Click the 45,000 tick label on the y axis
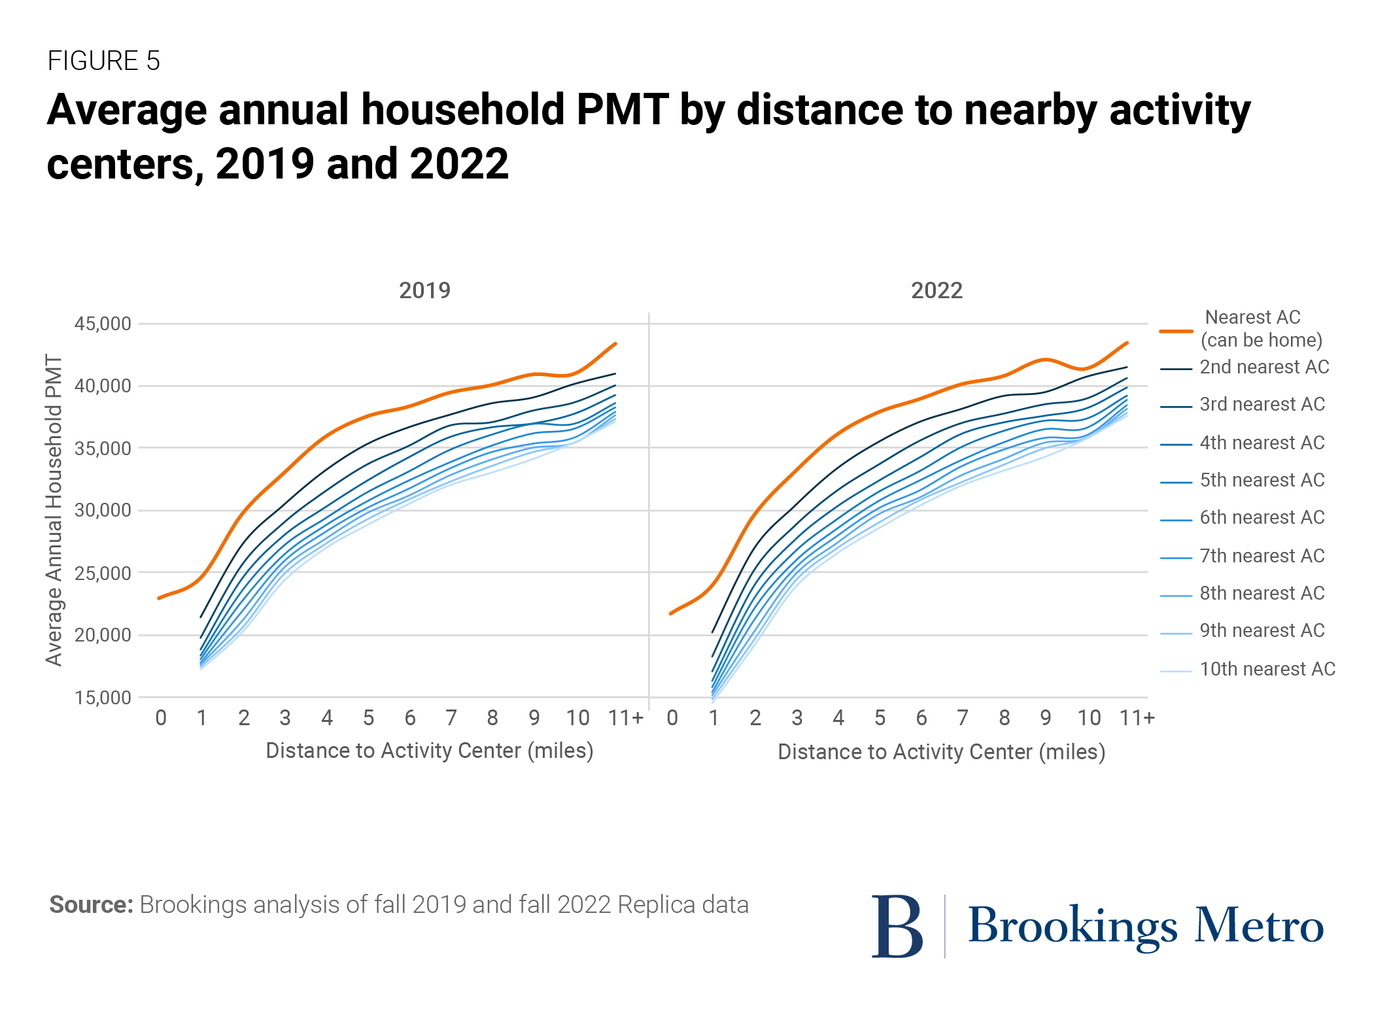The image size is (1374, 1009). click(x=103, y=324)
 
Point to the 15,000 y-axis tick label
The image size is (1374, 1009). click(x=103, y=698)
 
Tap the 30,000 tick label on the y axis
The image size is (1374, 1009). click(x=103, y=511)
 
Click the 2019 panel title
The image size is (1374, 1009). click(x=424, y=290)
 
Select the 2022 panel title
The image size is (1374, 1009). click(x=936, y=290)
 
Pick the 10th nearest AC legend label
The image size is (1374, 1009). click(x=1267, y=669)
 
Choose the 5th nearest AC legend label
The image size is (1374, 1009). click(x=1262, y=480)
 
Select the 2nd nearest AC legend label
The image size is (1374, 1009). click(x=1264, y=367)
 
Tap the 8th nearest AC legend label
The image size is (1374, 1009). click(x=1262, y=593)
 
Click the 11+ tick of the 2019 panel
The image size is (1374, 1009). click(x=625, y=718)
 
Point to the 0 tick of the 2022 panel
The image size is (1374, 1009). click(x=672, y=718)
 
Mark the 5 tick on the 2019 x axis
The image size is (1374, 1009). click(x=369, y=718)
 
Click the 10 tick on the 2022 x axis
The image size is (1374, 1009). click(x=1089, y=718)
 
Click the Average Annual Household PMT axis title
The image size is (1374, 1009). click(x=54, y=511)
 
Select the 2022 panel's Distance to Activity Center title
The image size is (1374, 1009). click(x=941, y=752)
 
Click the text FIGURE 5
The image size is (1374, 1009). click(x=104, y=61)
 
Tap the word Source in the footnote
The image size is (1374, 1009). click(x=91, y=905)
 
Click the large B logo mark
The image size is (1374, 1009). click(x=897, y=927)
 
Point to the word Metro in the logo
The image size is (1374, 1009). click(x=1259, y=926)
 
